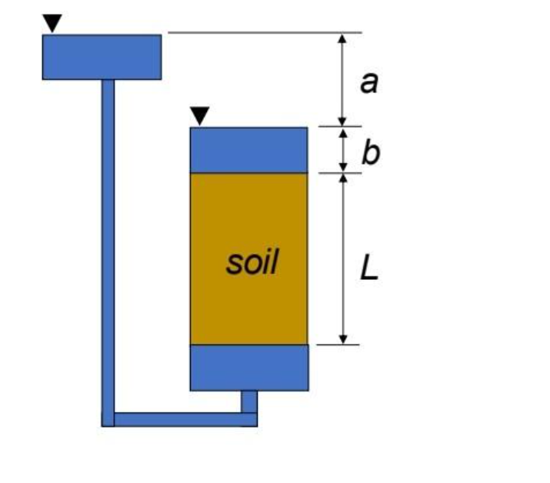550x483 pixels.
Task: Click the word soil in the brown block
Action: pos(252,263)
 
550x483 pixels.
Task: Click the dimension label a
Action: pos(370,81)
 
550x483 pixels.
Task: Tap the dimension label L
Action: pos(369,268)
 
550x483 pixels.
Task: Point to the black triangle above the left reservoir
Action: pos(52,24)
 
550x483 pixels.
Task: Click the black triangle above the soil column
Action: pos(199,116)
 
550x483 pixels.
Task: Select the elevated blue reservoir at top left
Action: pos(102,57)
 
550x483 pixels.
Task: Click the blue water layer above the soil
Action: pos(248,150)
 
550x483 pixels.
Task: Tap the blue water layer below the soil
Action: pos(248,367)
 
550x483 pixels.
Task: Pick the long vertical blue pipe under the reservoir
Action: pos(108,246)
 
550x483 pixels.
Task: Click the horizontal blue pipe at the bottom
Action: pos(181,419)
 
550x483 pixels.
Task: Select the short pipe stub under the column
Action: pos(249,401)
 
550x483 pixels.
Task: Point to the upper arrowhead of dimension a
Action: pos(343,38)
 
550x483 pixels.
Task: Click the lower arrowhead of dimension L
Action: pos(343,338)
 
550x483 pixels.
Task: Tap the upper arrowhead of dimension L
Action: pos(343,179)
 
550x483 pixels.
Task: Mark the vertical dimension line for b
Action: pos(343,150)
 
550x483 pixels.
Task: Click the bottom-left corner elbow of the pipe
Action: pos(108,419)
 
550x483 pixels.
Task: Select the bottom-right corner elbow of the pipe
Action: pos(249,419)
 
